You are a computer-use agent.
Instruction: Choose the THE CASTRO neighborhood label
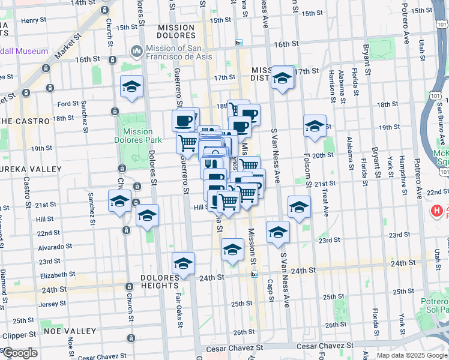coord(24,121)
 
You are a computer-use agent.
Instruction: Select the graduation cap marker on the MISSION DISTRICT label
coord(282,78)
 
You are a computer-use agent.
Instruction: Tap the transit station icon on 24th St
coord(254,274)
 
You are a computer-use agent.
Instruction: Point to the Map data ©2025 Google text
coord(412,355)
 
